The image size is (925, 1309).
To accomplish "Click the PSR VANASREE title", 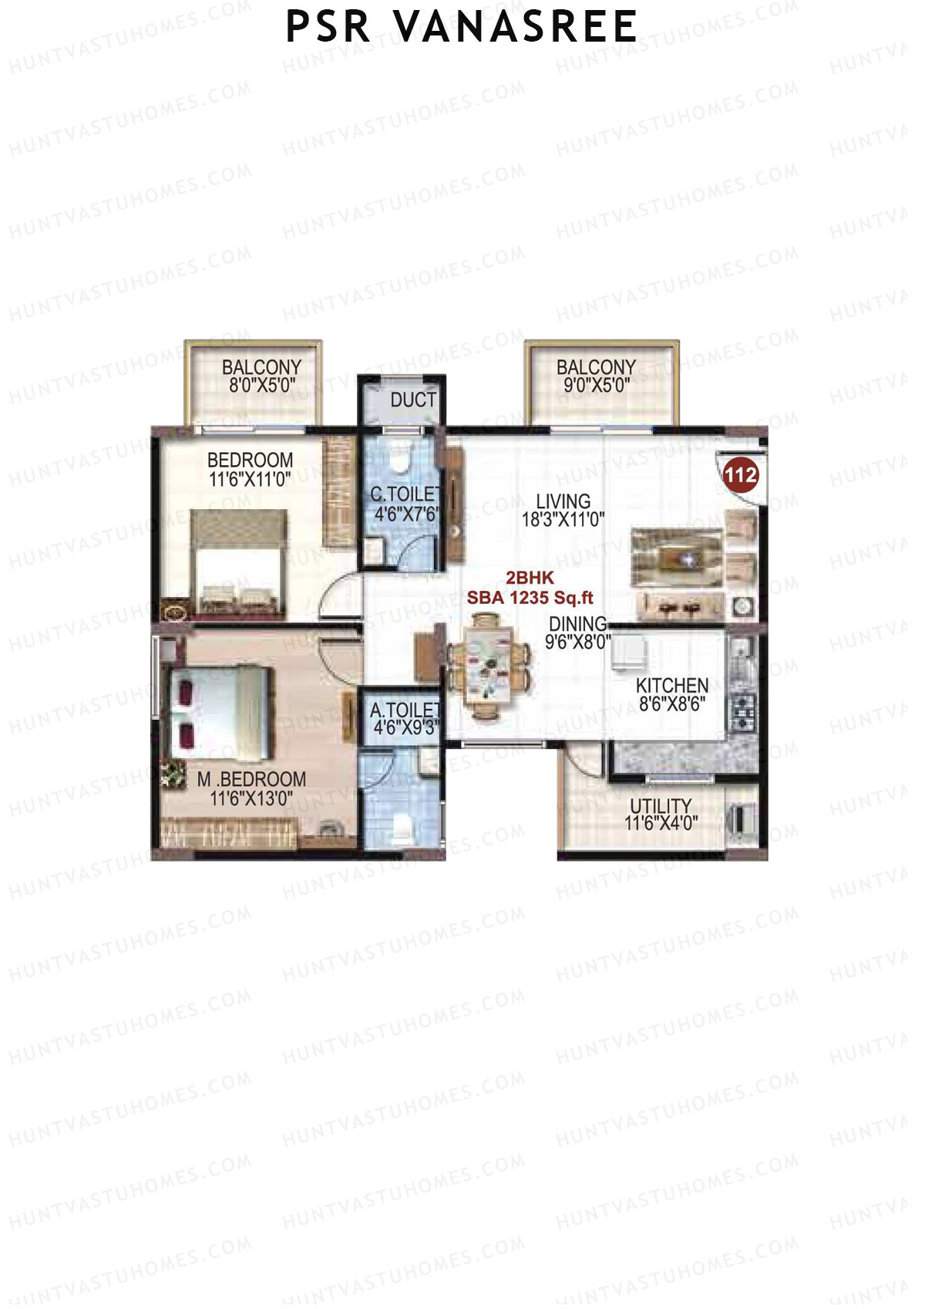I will (x=461, y=27).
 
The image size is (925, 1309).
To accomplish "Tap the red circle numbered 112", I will (x=740, y=475).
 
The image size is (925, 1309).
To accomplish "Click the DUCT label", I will (x=413, y=400).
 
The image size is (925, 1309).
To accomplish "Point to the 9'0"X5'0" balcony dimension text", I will (x=596, y=386).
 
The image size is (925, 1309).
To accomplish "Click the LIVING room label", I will (x=563, y=501).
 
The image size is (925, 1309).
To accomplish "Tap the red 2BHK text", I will (x=530, y=578).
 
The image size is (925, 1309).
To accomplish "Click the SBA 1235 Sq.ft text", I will (x=530, y=598).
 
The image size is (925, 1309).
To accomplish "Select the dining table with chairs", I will (x=487, y=666).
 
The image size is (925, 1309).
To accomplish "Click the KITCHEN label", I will (x=672, y=685).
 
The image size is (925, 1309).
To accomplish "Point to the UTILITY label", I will (x=661, y=805).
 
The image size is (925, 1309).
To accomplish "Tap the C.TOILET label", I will (x=404, y=494).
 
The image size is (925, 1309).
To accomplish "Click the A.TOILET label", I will (x=404, y=709).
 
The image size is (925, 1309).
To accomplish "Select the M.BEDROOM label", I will (x=251, y=779).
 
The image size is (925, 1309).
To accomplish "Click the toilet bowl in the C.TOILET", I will (x=399, y=461).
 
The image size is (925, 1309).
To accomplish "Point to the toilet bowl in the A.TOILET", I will (x=402, y=828).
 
